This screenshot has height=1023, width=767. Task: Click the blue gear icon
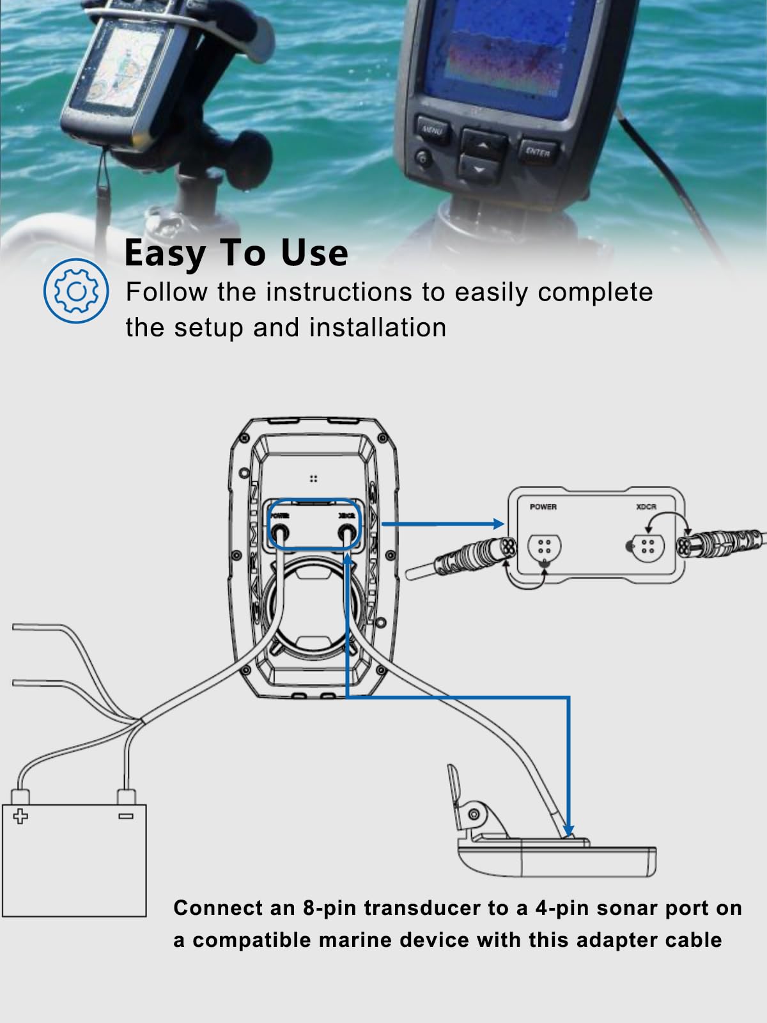[76, 291]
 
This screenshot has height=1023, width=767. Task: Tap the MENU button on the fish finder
[433, 130]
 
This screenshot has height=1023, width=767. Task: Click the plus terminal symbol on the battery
[21, 816]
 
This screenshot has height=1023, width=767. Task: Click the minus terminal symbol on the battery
[126, 816]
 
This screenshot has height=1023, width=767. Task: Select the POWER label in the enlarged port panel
[543, 507]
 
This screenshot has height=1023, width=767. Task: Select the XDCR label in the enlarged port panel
[646, 507]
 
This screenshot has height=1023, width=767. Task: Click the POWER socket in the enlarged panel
[545, 548]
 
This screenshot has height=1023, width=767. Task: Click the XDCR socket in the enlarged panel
[646, 547]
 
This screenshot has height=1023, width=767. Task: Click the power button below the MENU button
[422, 157]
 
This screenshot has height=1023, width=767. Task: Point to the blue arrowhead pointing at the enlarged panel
[499, 524]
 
